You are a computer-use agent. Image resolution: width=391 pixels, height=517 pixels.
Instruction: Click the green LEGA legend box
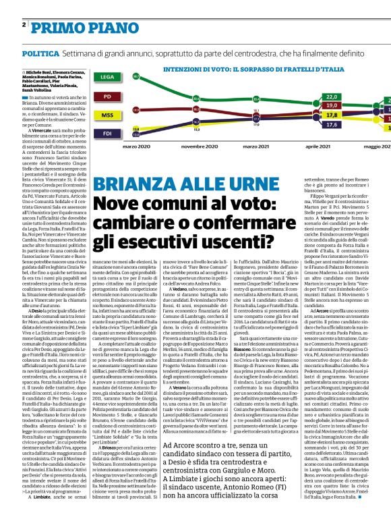[x=105, y=78]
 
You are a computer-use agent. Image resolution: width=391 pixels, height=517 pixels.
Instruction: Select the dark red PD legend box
[x=105, y=97]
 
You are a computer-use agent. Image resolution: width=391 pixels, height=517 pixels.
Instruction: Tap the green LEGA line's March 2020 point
[x=136, y=76]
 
